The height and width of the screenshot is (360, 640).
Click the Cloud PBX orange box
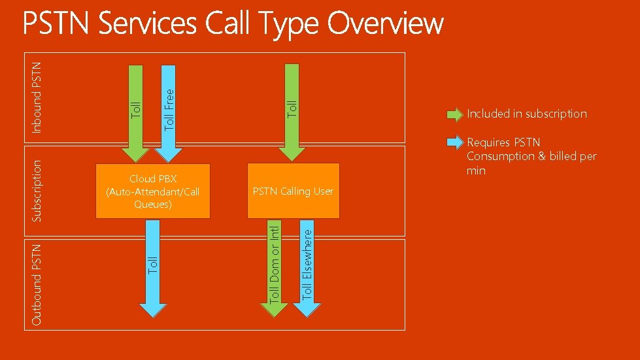[153, 191]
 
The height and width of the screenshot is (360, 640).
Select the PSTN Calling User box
[293, 191]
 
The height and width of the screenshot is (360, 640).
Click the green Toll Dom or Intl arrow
[275, 268]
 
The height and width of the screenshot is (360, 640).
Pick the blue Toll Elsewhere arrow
[307, 268]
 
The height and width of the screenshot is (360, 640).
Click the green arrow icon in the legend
[454, 115]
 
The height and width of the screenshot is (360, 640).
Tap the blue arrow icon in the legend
[454, 142]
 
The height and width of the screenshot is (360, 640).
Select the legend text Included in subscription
[526, 114]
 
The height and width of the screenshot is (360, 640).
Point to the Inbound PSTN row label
[37, 96]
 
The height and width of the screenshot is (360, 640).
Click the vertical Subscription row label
[37, 190]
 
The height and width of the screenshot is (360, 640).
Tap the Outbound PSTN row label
[37, 284]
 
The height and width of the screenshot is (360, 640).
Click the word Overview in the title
[385, 25]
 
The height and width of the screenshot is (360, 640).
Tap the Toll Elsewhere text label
[307, 262]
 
